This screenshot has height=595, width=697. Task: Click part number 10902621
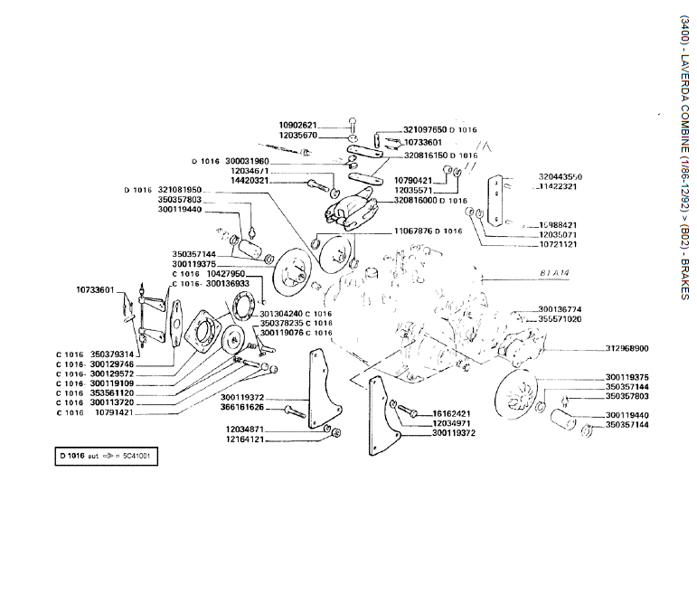pos(297,125)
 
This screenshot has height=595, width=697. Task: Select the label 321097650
pos(424,130)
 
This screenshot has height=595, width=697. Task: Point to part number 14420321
pos(249,181)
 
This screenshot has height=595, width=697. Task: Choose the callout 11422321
pos(560,187)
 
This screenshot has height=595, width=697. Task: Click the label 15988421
pos(558,224)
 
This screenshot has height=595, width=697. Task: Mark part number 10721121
pos(558,244)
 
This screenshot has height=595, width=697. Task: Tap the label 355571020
pos(560,319)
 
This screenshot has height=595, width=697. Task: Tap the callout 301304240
pos(281,313)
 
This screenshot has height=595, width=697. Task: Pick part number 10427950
pos(226,273)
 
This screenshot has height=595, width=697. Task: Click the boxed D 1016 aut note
pos(105,457)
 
